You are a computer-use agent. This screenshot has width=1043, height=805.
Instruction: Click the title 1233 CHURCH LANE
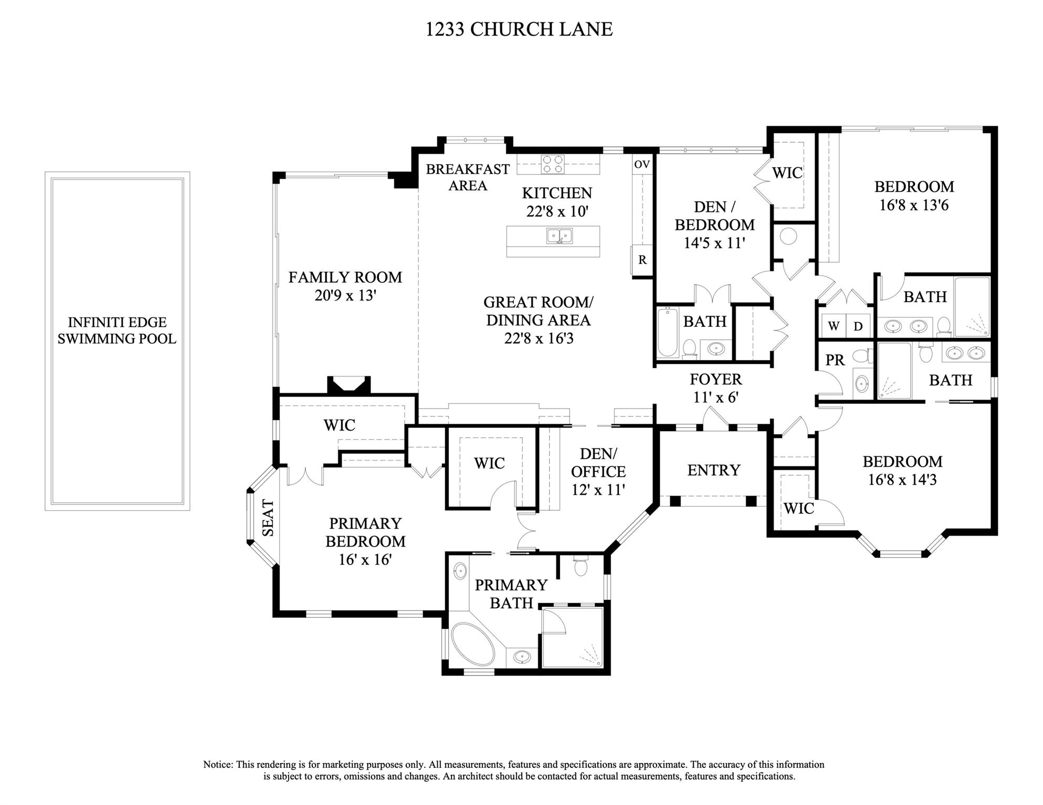519,29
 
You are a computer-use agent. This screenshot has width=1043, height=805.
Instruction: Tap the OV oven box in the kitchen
642,164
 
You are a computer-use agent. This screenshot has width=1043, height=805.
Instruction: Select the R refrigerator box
642,260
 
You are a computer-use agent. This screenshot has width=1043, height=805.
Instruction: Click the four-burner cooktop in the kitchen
552,164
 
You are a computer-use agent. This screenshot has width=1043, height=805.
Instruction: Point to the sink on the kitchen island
560,237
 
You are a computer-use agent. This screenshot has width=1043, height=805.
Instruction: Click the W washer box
834,326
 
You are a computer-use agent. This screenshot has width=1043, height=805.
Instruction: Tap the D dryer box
858,326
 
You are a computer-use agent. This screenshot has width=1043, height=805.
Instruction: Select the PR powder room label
835,360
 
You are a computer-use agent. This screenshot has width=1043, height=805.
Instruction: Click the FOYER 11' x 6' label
715,388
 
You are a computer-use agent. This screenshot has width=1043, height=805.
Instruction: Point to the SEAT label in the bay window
268,518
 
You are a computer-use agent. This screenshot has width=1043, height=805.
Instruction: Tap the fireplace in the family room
349,385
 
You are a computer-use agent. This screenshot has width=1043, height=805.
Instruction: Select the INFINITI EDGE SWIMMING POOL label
117,330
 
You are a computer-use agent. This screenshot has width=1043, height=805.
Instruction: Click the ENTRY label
713,470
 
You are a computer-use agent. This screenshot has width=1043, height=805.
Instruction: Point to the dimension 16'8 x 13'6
914,205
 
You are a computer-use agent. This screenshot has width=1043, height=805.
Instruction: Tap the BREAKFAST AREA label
467,177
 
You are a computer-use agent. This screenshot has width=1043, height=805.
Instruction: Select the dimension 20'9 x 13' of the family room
345,296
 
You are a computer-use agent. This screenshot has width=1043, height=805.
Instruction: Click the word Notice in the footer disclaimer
218,765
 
